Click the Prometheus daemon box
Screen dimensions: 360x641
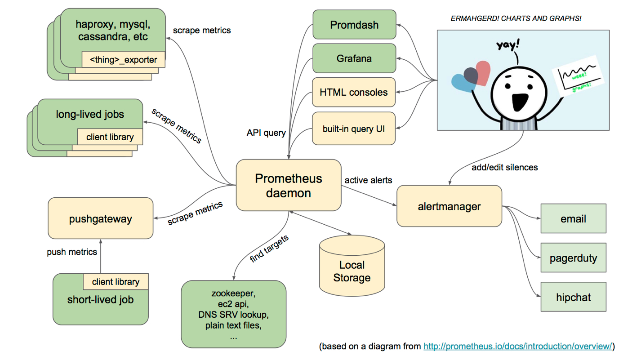click(x=288, y=185)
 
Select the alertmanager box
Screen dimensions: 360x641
click(x=449, y=206)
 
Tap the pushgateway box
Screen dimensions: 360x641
click(x=100, y=219)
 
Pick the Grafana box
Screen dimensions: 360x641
click(x=354, y=58)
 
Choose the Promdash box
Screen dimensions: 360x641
click(x=354, y=25)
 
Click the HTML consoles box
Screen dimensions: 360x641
click(x=354, y=92)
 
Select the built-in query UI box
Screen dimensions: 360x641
click(x=354, y=129)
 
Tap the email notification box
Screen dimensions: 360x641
click(x=573, y=219)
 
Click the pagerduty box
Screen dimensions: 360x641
click(x=573, y=258)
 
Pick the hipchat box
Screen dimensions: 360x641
click(x=573, y=297)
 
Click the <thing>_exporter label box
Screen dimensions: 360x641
click(x=123, y=59)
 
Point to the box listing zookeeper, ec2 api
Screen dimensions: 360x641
click(x=233, y=315)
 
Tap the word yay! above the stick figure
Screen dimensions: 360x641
click(x=508, y=45)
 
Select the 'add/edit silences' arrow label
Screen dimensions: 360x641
click(x=504, y=167)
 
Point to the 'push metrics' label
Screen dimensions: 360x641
click(x=72, y=252)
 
